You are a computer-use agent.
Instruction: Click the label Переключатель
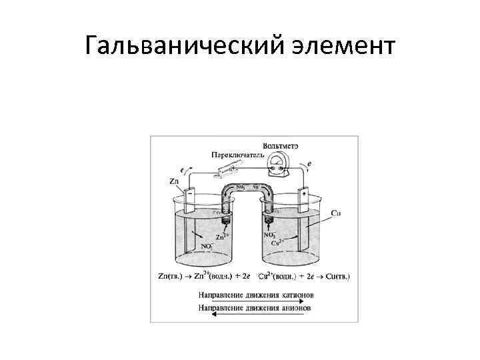[233, 154]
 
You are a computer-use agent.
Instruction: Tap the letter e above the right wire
[309, 163]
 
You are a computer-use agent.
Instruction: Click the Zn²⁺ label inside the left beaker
[222, 237]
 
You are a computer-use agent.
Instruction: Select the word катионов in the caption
[294, 294]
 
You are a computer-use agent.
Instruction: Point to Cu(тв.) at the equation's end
[336, 276]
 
